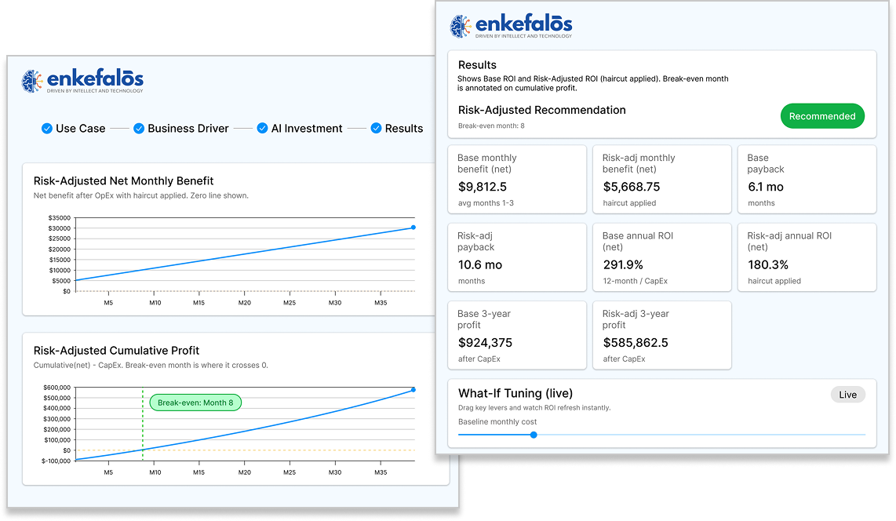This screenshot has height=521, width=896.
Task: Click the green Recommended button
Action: click(822, 116)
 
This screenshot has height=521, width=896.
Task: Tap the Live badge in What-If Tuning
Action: click(847, 395)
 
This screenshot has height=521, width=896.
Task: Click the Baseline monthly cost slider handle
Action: click(534, 435)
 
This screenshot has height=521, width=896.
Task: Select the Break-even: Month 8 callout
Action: click(196, 403)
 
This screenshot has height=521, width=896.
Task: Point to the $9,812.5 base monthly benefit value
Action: click(482, 187)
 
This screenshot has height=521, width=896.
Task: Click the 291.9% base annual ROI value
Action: click(623, 264)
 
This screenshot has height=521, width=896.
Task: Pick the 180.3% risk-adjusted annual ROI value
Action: click(767, 264)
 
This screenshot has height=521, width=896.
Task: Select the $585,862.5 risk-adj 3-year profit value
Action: click(636, 342)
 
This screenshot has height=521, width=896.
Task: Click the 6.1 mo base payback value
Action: click(765, 187)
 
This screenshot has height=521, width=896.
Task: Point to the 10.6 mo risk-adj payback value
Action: click(479, 264)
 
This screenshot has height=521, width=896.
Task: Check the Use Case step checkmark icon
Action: click(47, 129)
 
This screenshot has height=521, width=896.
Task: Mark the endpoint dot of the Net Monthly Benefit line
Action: click(413, 228)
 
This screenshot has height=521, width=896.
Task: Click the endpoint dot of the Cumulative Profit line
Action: click(413, 389)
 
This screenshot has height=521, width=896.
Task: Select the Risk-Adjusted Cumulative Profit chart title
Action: click(116, 351)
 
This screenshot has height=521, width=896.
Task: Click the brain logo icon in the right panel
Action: click(461, 26)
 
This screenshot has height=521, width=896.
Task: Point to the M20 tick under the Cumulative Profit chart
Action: click(245, 472)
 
